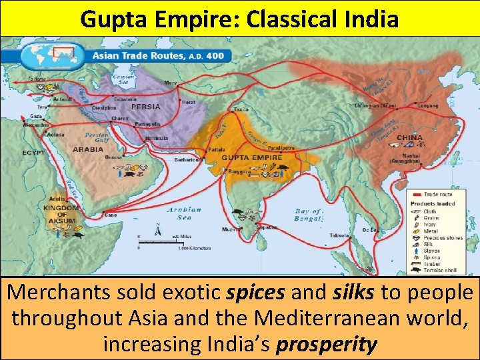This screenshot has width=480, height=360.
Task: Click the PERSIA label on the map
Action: [145, 107]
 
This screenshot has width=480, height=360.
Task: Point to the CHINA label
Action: [409, 137]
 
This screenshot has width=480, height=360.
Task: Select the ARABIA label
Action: [87, 149]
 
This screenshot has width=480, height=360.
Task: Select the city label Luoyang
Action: [427, 105]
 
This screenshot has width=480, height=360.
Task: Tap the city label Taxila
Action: [241, 109]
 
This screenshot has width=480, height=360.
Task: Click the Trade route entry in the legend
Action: [439, 195]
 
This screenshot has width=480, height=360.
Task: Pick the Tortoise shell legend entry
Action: [441, 271]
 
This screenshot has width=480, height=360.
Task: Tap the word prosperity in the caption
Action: [325, 345]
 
